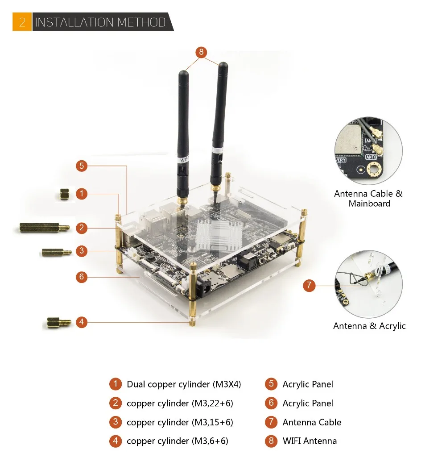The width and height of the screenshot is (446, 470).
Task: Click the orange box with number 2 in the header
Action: (x=22, y=21)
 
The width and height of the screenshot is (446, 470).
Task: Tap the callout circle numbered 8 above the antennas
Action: (x=201, y=52)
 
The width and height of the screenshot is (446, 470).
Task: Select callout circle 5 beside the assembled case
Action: (x=82, y=166)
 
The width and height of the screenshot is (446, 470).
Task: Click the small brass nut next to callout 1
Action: (x=64, y=194)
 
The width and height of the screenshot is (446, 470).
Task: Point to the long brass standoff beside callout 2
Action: (x=45, y=228)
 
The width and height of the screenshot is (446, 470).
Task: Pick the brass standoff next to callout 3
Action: (x=57, y=252)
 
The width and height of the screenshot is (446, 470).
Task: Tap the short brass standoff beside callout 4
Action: (x=59, y=323)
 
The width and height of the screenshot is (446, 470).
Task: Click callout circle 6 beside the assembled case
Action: (x=82, y=277)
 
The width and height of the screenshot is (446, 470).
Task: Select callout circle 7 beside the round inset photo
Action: (x=309, y=285)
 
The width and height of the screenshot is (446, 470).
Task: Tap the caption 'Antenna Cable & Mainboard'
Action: (x=368, y=199)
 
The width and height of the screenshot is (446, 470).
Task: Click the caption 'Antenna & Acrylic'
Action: (x=369, y=326)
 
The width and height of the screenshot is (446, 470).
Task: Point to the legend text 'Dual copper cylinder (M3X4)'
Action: (x=184, y=384)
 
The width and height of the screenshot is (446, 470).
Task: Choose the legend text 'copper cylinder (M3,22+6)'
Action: (x=180, y=403)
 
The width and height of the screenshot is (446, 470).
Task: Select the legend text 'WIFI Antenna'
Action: (x=310, y=441)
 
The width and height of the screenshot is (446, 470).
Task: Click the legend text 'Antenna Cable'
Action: (x=312, y=422)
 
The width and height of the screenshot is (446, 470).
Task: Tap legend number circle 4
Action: (x=116, y=441)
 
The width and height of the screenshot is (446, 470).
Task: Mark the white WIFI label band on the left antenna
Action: (x=183, y=159)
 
